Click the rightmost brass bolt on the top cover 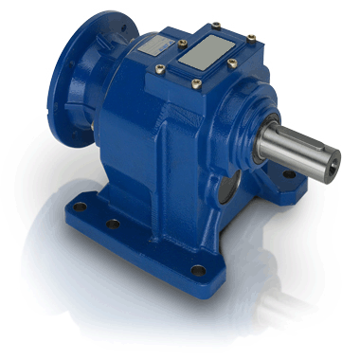pyautogui.click(x=252, y=39)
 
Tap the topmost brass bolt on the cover pyautogui.click(x=216, y=25)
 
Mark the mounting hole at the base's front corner pyautogui.click(x=198, y=271)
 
